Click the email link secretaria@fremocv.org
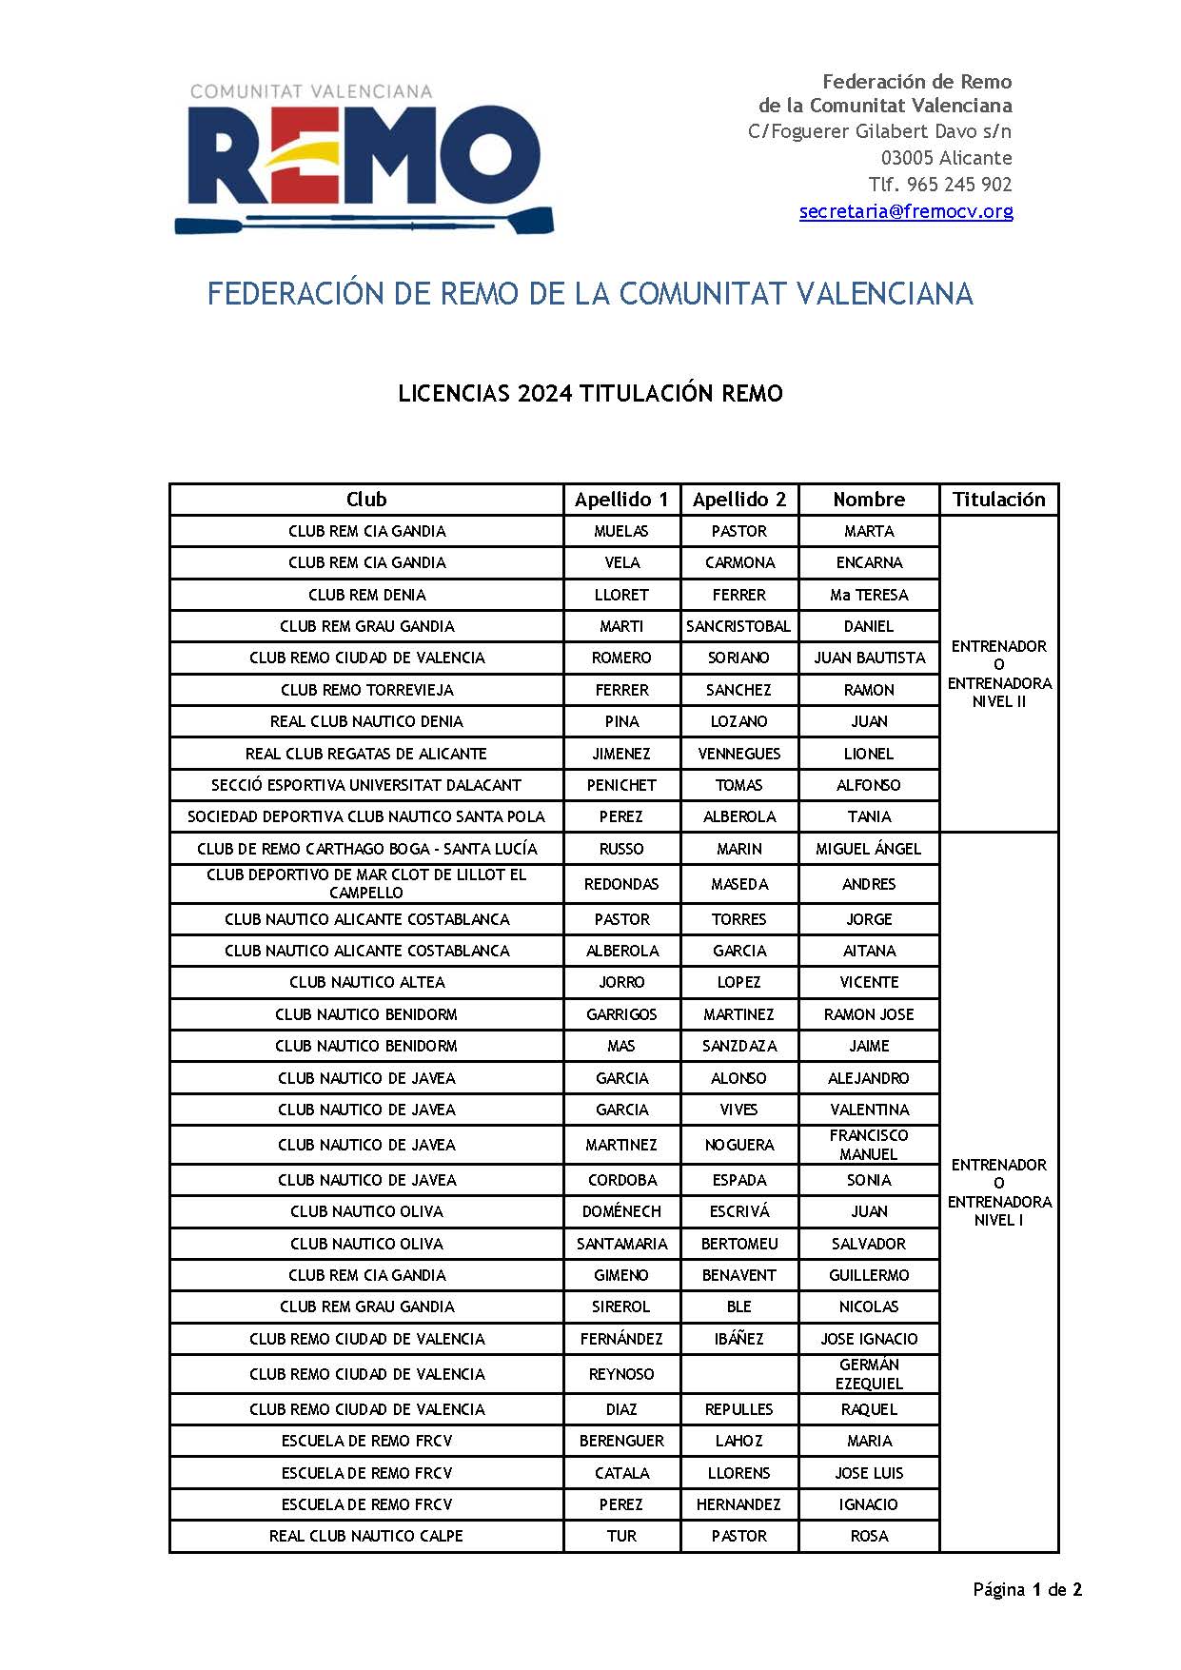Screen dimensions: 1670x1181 pyautogui.click(x=905, y=211)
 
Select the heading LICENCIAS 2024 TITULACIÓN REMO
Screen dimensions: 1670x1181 pyautogui.click(x=590, y=394)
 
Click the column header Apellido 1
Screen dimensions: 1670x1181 pyautogui.click(x=621, y=500)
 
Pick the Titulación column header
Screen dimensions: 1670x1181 pyautogui.click(x=998, y=500)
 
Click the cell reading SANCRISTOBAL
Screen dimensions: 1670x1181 pyautogui.click(x=738, y=626)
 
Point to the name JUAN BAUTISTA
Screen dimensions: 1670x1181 pyautogui.click(x=869, y=658)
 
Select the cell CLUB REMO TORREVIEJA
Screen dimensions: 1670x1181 pyautogui.click(x=366, y=690)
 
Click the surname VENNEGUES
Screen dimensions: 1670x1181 pyautogui.click(x=738, y=754)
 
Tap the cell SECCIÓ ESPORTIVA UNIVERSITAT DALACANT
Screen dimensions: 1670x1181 pyautogui.click(x=366, y=785)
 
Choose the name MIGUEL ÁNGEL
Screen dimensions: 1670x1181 pyautogui.click(x=869, y=849)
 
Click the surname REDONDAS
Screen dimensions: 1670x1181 pyautogui.click(x=621, y=884)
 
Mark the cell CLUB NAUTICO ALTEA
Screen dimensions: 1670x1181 pyautogui.click(x=366, y=982)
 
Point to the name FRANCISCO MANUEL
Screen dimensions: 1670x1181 pyautogui.click(x=869, y=1145)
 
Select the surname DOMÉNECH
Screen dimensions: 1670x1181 pyautogui.click(x=621, y=1211)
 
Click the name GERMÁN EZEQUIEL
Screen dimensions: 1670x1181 pyautogui.click(x=869, y=1374)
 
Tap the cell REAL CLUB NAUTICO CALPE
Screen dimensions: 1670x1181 pyautogui.click(x=366, y=1536)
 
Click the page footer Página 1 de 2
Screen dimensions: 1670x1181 pyautogui.click(x=1027, y=1589)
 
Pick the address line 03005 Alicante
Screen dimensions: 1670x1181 pyautogui.click(x=946, y=158)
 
